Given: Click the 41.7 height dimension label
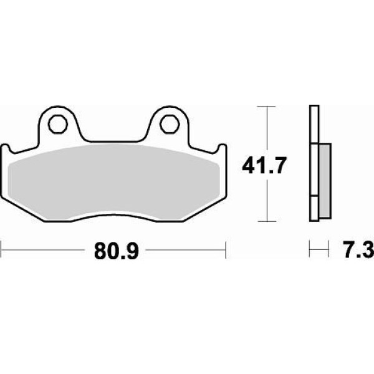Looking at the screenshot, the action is pos(263,166).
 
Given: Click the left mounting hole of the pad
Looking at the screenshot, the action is pos(58,124).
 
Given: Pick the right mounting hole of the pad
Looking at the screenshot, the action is pos(169,124).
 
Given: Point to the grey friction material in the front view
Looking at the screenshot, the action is pos(113,183).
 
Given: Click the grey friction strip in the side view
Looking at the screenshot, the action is pos(325,181).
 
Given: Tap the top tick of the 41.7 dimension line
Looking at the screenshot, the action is pos(267,107).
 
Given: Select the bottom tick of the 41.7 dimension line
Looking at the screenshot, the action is pos(267,221).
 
